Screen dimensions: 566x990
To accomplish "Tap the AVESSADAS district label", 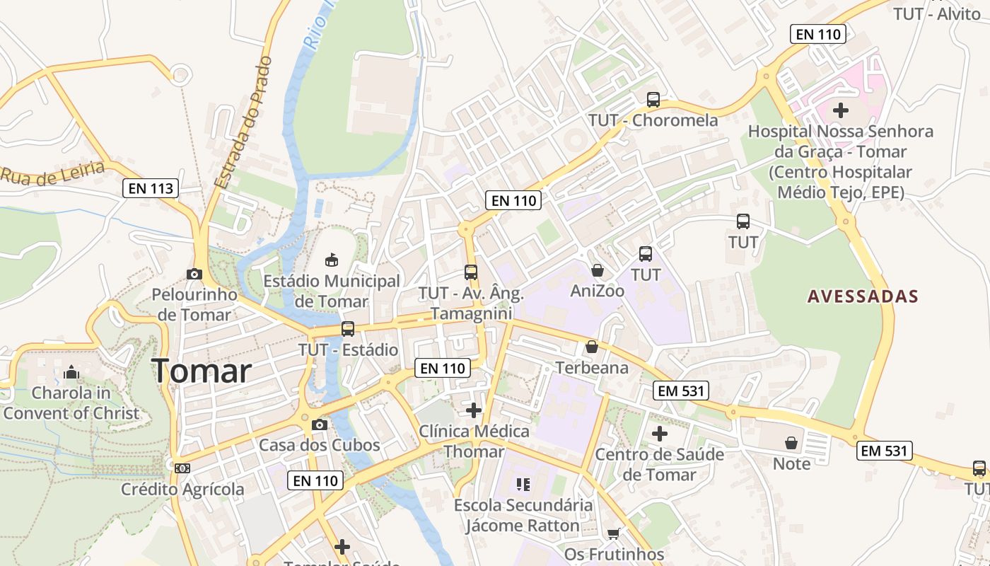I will [863, 296].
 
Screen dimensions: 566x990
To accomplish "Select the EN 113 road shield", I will [151, 188].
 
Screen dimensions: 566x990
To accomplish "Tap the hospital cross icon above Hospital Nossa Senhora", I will [840, 110].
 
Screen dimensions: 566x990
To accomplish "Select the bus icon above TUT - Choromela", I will [653, 100].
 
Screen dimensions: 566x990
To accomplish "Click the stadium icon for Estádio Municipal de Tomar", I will [331, 260].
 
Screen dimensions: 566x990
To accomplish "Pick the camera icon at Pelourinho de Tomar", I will [194, 274].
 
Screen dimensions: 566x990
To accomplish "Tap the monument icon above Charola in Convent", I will [71, 372].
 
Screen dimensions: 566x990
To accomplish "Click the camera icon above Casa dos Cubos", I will [320, 424].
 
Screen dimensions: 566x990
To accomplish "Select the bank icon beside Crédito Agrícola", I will [182, 468].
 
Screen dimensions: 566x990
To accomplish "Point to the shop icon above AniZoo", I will [598, 270].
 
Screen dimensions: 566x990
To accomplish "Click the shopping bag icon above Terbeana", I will [592, 347].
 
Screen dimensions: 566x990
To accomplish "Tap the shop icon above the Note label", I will [791, 443].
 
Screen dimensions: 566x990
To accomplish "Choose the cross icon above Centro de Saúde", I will [659, 433].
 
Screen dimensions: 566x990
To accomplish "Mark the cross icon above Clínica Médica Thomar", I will [474, 410].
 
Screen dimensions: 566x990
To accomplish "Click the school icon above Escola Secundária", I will [523, 485].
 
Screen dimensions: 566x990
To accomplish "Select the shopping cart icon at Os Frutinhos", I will [613, 533].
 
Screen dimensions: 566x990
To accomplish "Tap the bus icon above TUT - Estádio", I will [347, 329].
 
